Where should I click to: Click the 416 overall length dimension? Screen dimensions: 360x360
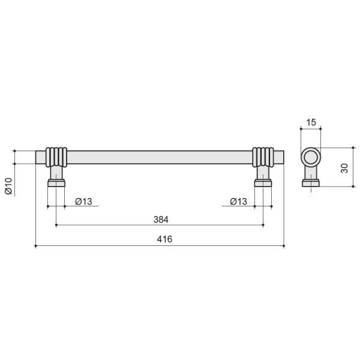click(x=164, y=239)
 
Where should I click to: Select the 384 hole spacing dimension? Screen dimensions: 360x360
click(x=161, y=220)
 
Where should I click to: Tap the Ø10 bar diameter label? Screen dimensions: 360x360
click(x=8, y=186)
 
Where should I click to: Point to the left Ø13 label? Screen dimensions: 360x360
click(x=83, y=202)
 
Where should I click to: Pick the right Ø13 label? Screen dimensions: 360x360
click(x=239, y=202)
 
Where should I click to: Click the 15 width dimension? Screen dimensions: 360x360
click(x=311, y=122)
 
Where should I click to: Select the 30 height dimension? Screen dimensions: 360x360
click(x=344, y=168)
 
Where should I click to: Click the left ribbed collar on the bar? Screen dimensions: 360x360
click(x=56, y=157)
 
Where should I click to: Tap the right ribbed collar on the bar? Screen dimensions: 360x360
click(x=263, y=157)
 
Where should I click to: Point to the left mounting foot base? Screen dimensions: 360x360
click(x=56, y=184)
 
